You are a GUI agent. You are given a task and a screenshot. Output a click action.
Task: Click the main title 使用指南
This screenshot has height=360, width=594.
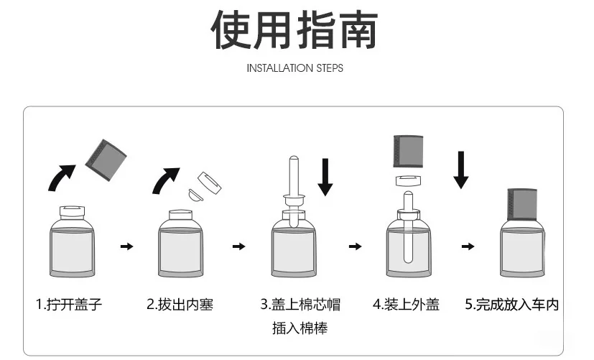pos(294,31)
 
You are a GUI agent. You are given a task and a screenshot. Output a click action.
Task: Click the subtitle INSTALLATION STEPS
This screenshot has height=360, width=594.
pos(294,68)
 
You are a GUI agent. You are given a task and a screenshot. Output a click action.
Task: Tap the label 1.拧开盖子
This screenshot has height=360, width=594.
pos(69,305)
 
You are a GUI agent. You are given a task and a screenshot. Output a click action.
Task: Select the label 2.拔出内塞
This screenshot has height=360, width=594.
pos(180,305)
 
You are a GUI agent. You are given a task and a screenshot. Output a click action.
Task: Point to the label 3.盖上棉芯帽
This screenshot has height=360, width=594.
pos(300,305)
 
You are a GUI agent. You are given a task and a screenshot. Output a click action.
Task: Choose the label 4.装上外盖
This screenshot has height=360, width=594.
pos(406,305)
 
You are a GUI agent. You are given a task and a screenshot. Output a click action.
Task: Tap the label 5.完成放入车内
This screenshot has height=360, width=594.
pos(511,305)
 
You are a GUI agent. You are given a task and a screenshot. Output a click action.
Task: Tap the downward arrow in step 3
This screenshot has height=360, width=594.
pos(325,175)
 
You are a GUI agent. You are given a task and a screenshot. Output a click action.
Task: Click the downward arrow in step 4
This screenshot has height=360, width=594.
pos(461,168)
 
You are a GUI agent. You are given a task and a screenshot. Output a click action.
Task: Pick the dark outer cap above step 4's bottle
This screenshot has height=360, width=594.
pos(407,150)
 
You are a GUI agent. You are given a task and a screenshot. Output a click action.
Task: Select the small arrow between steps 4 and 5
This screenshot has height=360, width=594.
pos(468,246)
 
